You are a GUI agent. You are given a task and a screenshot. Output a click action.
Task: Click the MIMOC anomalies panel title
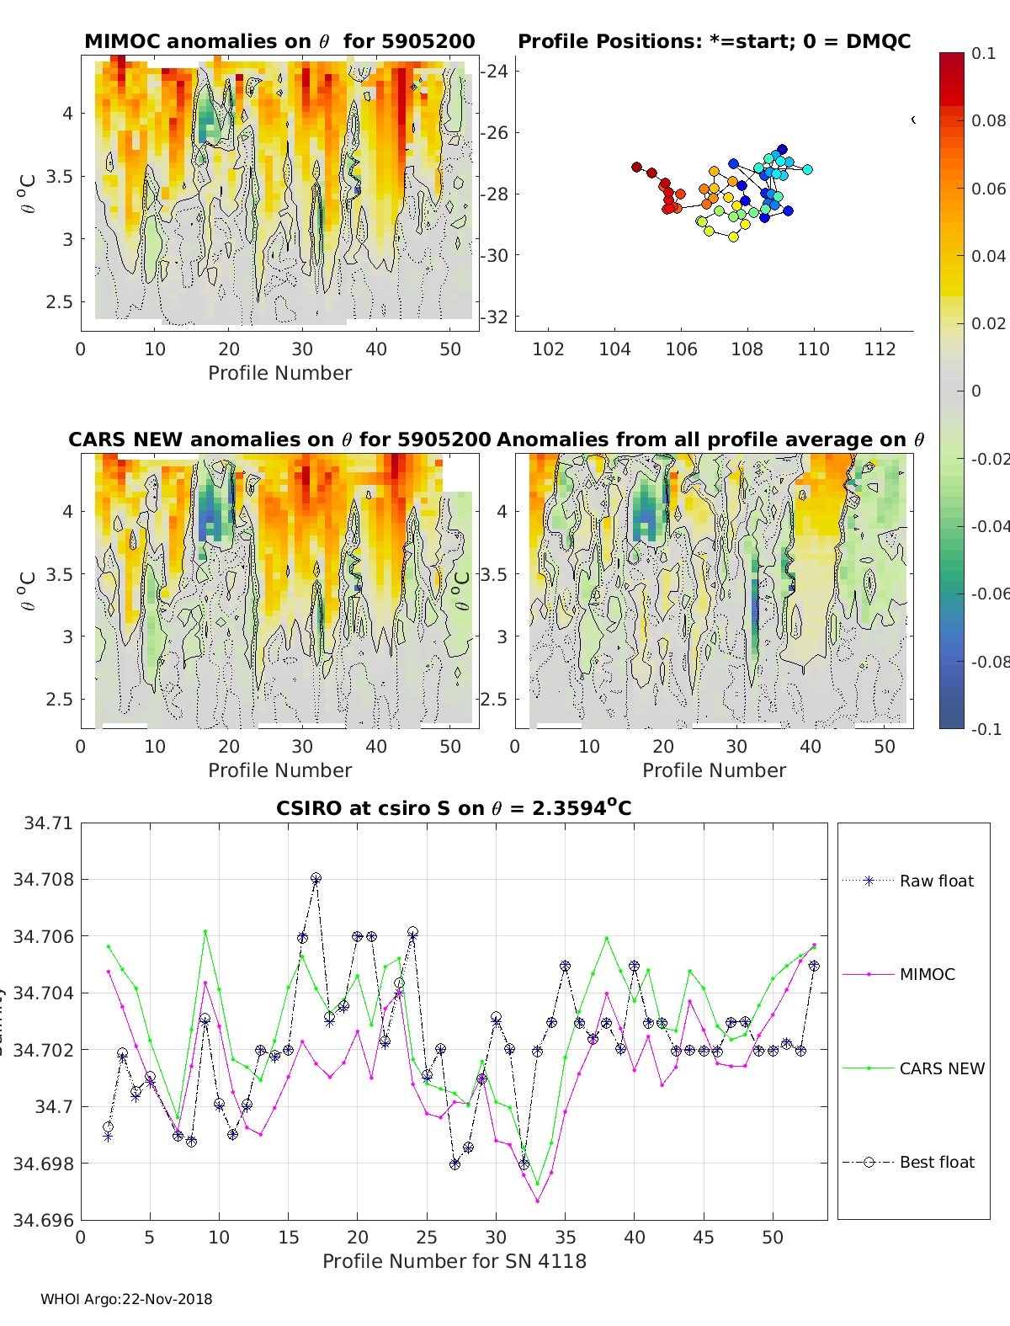279,41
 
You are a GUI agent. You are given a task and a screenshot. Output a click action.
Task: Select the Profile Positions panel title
714,41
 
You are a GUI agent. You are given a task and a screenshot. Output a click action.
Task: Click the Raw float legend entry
936,881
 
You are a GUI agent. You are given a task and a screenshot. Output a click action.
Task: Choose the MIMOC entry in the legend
927,974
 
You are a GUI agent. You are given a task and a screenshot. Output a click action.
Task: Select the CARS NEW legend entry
941,1068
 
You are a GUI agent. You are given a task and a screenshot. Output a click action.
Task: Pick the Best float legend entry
936,1162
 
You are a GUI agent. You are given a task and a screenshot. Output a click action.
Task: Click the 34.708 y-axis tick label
44,879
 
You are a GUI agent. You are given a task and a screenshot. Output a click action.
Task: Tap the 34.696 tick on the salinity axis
44,1220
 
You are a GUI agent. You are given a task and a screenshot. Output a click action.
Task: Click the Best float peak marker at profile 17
316,878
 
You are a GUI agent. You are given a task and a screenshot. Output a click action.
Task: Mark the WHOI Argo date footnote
126,1299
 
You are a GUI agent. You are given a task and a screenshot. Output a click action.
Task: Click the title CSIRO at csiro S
454,808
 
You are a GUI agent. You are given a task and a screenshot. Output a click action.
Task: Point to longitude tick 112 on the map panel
880,349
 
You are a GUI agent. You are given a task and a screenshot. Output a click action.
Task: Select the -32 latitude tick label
495,317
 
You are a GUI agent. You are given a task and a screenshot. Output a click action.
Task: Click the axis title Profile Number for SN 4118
454,1261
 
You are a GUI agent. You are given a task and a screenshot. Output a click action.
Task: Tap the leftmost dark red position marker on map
636,167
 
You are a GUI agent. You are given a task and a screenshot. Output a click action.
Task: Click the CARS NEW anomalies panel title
279,439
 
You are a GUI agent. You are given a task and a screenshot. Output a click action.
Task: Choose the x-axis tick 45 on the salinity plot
704,1237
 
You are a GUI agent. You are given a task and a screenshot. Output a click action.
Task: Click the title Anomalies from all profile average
710,439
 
